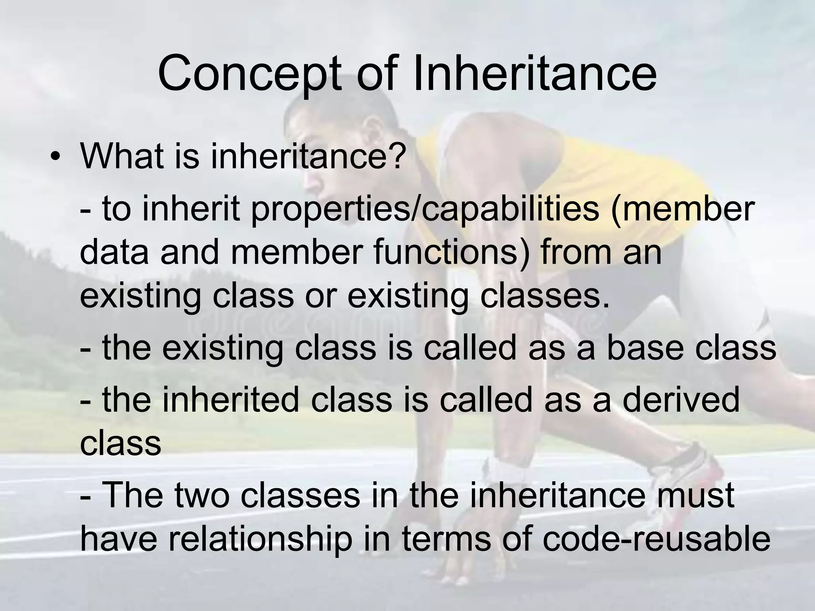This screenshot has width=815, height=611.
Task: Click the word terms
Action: (x=446, y=539)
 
